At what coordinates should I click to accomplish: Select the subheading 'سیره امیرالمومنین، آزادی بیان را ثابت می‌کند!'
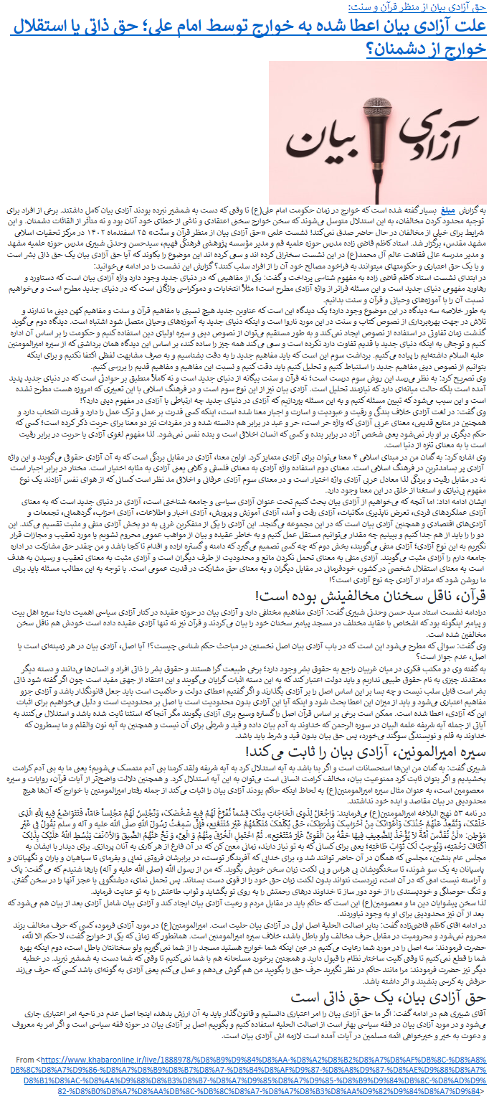click(366, 750)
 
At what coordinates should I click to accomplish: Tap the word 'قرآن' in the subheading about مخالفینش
click(467, 594)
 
